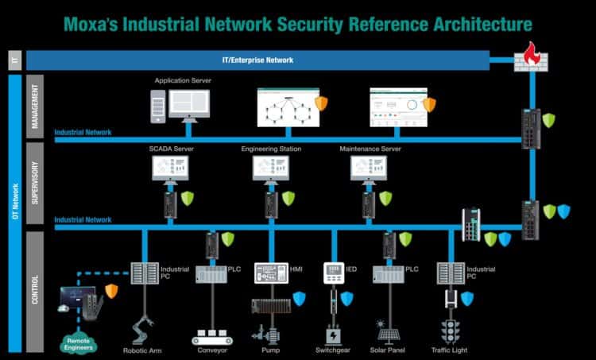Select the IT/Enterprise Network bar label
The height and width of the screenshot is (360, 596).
pyautogui.click(x=257, y=60)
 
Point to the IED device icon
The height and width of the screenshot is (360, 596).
pyautogui.click(x=333, y=273)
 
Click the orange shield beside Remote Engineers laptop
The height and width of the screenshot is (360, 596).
pyautogui.click(x=111, y=289)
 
